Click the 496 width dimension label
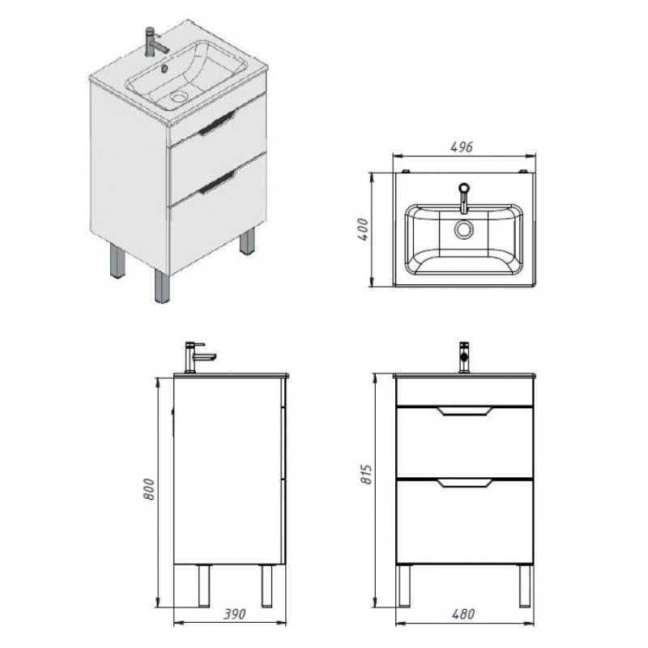tap(462, 147)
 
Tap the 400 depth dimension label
tap(363, 229)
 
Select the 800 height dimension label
tap(149, 489)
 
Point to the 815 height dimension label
tap(367, 475)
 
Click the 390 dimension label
tap(234, 614)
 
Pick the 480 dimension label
tap(463, 614)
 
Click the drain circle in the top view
tap(464, 230)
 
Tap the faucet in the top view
tap(464, 198)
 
